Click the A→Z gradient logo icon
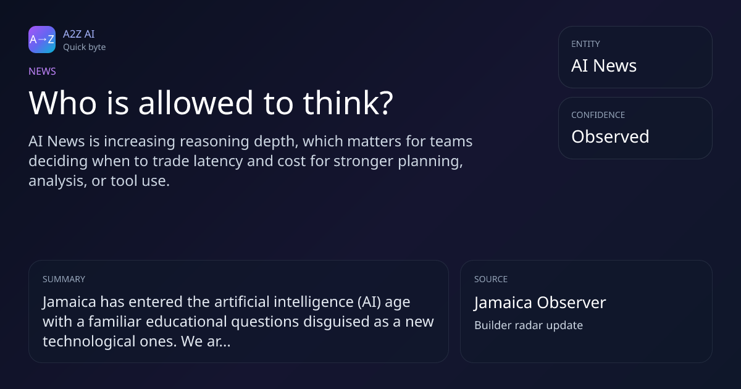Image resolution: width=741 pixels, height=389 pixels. click(x=42, y=40)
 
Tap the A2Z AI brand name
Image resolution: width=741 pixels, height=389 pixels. click(x=79, y=34)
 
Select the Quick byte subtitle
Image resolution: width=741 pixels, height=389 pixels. click(x=85, y=48)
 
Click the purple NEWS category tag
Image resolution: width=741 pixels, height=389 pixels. click(x=43, y=72)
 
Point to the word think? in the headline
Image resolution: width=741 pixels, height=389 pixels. click(x=348, y=103)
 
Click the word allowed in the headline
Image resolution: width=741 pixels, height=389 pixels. click(x=196, y=103)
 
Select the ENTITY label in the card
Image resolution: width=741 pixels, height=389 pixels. click(x=585, y=44)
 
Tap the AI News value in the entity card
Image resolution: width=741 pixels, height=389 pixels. click(x=604, y=65)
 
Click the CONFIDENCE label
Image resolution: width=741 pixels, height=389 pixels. click(x=598, y=115)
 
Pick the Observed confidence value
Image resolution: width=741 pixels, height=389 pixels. click(x=610, y=136)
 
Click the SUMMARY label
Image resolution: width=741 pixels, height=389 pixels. click(x=64, y=279)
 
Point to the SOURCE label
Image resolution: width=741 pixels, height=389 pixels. click(x=491, y=279)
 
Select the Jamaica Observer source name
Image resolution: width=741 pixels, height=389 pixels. click(x=540, y=303)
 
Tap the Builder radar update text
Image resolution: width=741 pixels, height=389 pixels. click(x=529, y=325)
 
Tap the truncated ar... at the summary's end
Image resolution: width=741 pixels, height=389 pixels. click(x=219, y=341)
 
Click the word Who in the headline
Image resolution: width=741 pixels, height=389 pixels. click(x=62, y=103)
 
